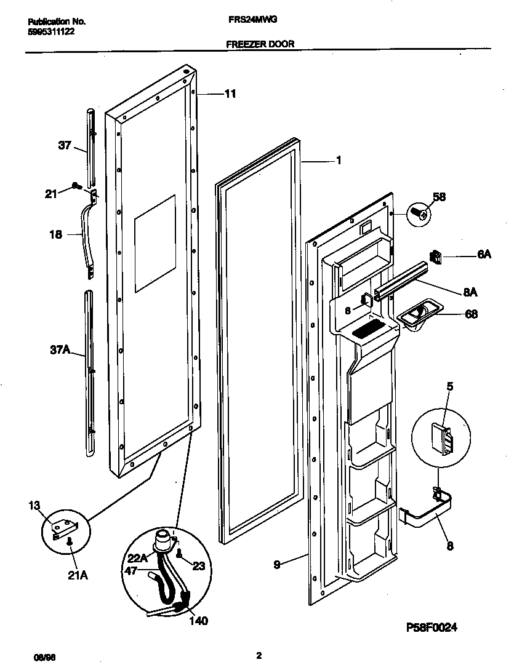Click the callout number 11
pos(230,94)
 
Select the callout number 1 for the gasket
pos(338,161)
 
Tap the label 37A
pos(59,352)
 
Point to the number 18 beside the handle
pos(55,234)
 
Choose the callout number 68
pos(471,314)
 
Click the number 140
pos(198,621)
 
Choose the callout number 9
pos(278,563)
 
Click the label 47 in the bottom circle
pos(131,571)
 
